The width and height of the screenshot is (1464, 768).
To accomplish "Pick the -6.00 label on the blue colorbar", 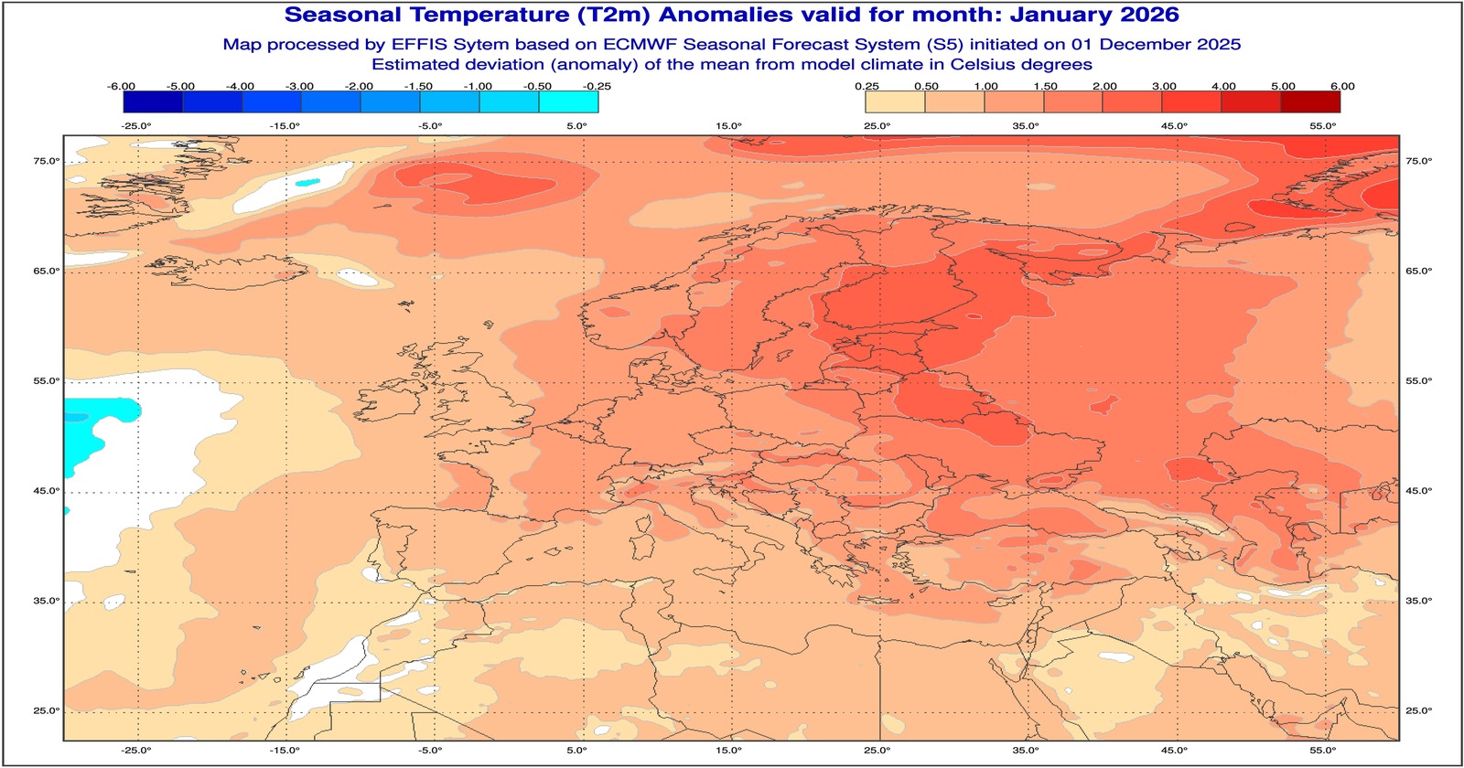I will pyautogui.click(x=121, y=86).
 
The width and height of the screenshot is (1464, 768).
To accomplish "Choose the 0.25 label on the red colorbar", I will pyautogui.click(x=867, y=86).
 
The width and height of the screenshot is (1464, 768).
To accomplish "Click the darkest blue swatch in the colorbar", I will pyautogui.click(x=152, y=101).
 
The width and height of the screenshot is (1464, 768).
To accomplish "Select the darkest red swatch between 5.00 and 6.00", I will pyautogui.click(x=1311, y=101).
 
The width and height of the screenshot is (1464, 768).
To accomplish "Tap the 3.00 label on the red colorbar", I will pyautogui.click(x=1164, y=86).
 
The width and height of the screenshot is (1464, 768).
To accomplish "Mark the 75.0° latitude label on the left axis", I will pyautogui.click(x=47, y=161).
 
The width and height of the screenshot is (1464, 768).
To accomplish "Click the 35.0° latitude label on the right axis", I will pyautogui.click(x=1418, y=601).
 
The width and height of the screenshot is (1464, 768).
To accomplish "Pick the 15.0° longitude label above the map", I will pyautogui.click(x=728, y=126).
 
